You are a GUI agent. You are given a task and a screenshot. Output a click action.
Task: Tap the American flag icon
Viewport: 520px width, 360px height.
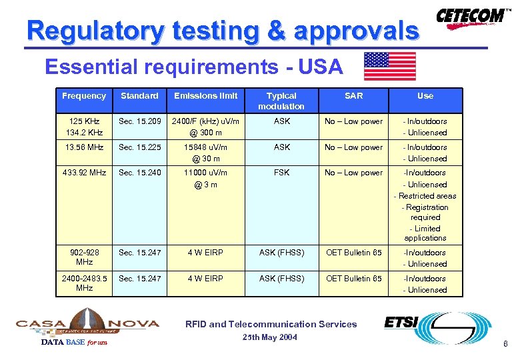pyautogui.click(x=389, y=66)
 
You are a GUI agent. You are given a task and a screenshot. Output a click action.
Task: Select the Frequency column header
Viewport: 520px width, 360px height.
pyautogui.click(x=84, y=96)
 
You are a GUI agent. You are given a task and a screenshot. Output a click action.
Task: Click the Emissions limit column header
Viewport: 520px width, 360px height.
pyautogui.click(x=205, y=96)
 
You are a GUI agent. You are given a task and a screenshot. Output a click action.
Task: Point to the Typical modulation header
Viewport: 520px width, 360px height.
pyautogui.click(x=281, y=101)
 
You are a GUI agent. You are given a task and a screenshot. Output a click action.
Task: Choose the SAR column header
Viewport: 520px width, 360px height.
pyautogui.click(x=353, y=96)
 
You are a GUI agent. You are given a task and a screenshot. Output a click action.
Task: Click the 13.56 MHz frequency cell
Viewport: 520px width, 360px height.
pyautogui.click(x=84, y=147)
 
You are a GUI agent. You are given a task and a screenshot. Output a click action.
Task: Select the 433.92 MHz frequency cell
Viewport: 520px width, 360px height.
pyautogui.click(x=84, y=173)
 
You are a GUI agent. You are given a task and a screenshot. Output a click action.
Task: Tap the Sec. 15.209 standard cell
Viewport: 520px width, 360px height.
pyautogui.click(x=139, y=121)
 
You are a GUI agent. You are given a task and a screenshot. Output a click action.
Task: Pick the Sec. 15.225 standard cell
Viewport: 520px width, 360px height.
pyautogui.click(x=139, y=147)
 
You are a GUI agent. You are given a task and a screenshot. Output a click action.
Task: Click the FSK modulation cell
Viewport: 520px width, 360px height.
pyautogui.click(x=281, y=173)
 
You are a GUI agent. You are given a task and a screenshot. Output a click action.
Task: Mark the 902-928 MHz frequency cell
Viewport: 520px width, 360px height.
pyautogui.click(x=84, y=257)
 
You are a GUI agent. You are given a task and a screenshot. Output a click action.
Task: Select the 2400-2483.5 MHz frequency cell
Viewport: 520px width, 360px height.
pyautogui.click(x=84, y=283)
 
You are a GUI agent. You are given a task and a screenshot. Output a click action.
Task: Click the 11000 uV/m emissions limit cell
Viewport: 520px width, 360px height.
pyautogui.click(x=205, y=173)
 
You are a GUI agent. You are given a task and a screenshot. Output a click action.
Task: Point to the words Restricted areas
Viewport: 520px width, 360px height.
pyautogui.click(x=427, y=196)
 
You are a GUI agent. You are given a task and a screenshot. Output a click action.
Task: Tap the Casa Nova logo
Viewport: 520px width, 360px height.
pyautogui.click(x=87, y=323)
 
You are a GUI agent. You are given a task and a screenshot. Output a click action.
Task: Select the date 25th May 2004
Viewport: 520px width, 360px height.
pyautogui.click(x=269, y=337)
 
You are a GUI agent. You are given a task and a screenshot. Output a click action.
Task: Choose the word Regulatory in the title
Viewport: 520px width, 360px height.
pyautogui.click(x=95, y=31)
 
